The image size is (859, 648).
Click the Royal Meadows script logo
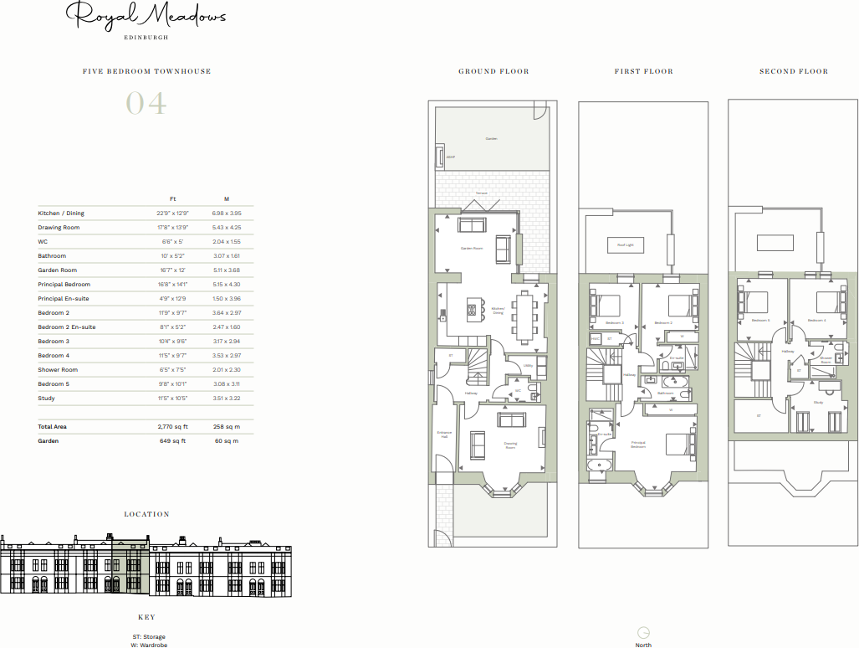146,17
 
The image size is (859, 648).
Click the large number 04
146,104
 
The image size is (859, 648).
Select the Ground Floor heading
493,72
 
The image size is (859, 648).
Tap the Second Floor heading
794,72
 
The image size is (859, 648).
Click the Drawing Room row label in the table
59,228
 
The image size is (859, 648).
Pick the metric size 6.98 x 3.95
227,213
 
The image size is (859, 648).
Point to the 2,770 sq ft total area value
172,427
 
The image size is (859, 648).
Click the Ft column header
172,198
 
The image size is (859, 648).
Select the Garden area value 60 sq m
227,440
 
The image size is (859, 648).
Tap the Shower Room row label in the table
58,370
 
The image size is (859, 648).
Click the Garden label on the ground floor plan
492,139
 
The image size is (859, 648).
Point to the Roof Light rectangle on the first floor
625,244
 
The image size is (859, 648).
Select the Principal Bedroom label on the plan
638,445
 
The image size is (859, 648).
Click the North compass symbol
643,633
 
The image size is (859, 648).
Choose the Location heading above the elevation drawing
146,514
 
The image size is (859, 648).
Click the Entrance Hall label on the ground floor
444,435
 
